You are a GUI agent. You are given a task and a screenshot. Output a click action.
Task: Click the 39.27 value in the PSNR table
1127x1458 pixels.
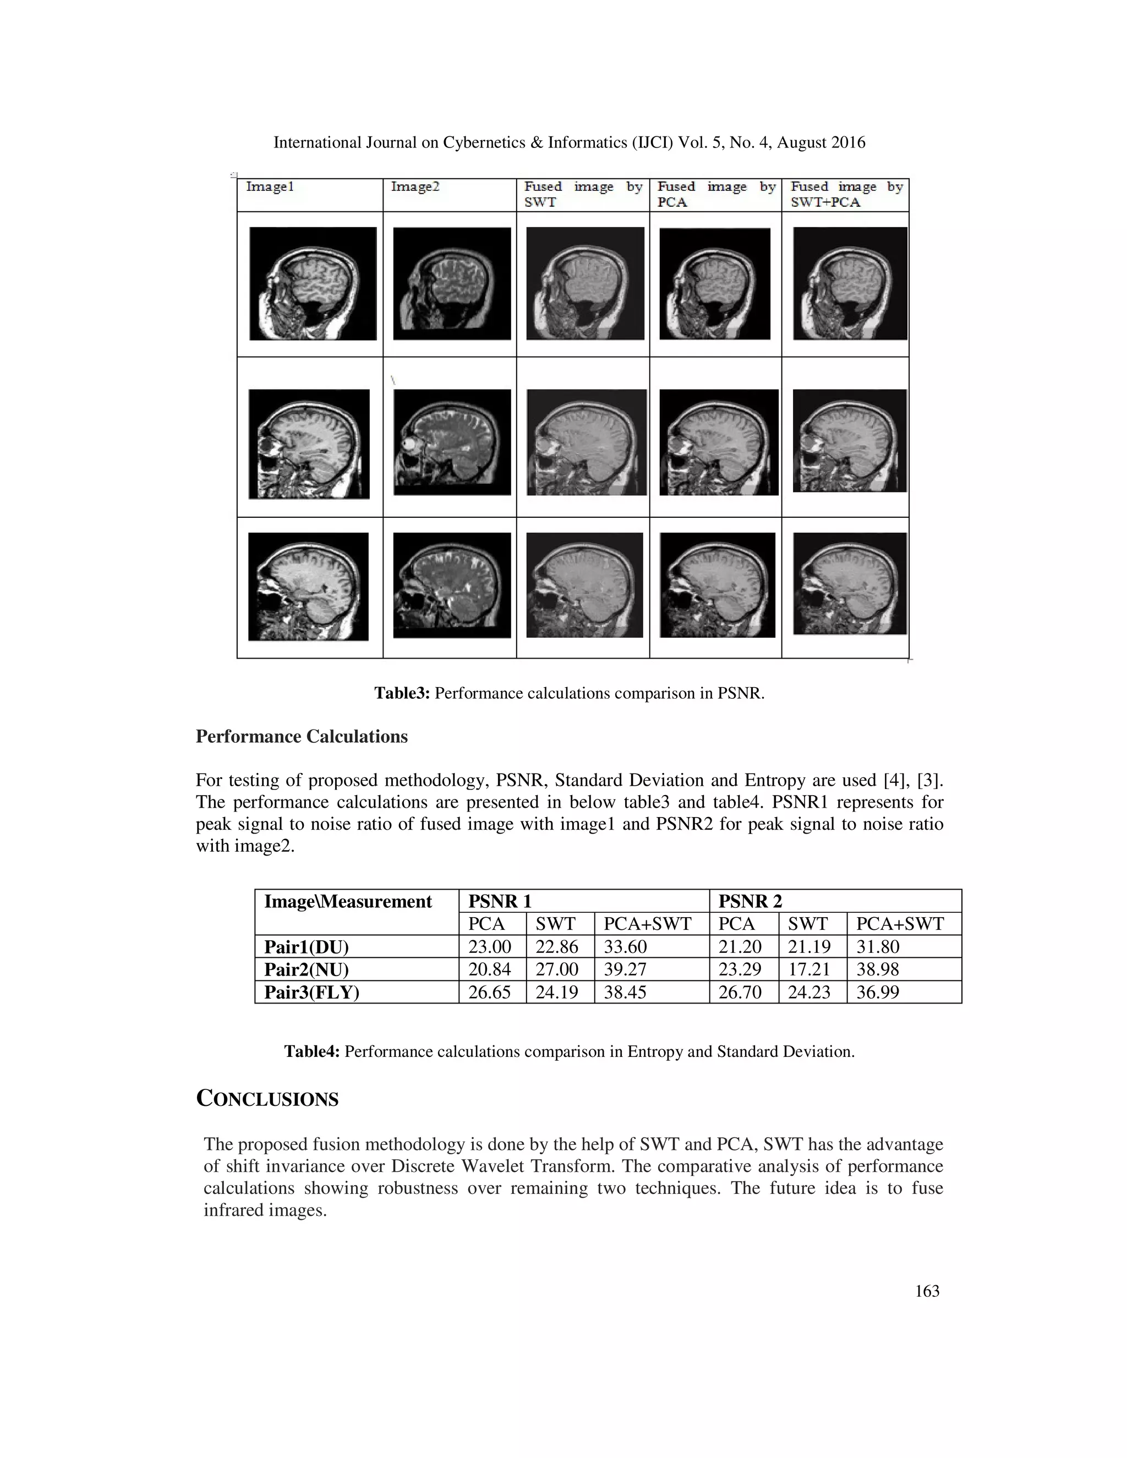(625, 969)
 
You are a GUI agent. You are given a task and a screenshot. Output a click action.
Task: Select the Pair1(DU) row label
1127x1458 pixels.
(307, 947)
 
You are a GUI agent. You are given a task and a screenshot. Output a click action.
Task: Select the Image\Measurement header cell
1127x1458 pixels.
(348, 901)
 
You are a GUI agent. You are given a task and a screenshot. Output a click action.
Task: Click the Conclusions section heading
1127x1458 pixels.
(267, 1099)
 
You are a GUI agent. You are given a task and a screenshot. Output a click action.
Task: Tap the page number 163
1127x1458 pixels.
(927, 1291)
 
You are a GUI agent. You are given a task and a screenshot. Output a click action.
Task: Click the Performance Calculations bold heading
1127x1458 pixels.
(301, 736)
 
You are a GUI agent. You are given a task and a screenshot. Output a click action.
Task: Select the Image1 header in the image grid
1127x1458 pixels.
(270, 187)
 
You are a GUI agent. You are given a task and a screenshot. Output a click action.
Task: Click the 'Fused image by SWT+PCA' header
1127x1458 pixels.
(846, 194)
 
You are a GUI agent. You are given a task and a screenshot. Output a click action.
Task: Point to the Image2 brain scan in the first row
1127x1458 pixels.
(451, 284)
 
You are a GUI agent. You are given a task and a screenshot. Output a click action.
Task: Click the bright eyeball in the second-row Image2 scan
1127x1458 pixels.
(408, 444)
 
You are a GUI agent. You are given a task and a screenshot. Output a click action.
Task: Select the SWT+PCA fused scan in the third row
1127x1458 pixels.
(849, 583)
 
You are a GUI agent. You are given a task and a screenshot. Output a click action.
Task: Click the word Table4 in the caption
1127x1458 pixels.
(312, 1051)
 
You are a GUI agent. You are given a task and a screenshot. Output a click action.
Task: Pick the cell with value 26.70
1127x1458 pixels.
(740, 992)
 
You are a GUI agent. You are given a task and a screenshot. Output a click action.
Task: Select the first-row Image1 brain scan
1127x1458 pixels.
(313, 284)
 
